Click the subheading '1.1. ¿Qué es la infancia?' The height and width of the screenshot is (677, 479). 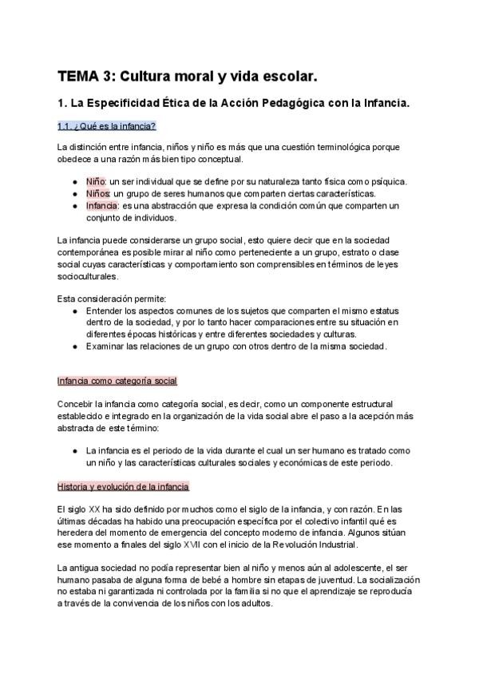[106, 126]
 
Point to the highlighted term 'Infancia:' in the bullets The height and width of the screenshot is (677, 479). [105, 205]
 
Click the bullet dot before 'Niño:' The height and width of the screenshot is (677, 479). [74, 181]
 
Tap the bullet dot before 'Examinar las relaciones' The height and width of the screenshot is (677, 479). [74, 346]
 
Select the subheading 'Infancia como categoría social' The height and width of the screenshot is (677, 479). [117, 381]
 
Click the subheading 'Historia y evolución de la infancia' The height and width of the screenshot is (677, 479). [123, 486]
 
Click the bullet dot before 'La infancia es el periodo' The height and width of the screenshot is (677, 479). [74, 451]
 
